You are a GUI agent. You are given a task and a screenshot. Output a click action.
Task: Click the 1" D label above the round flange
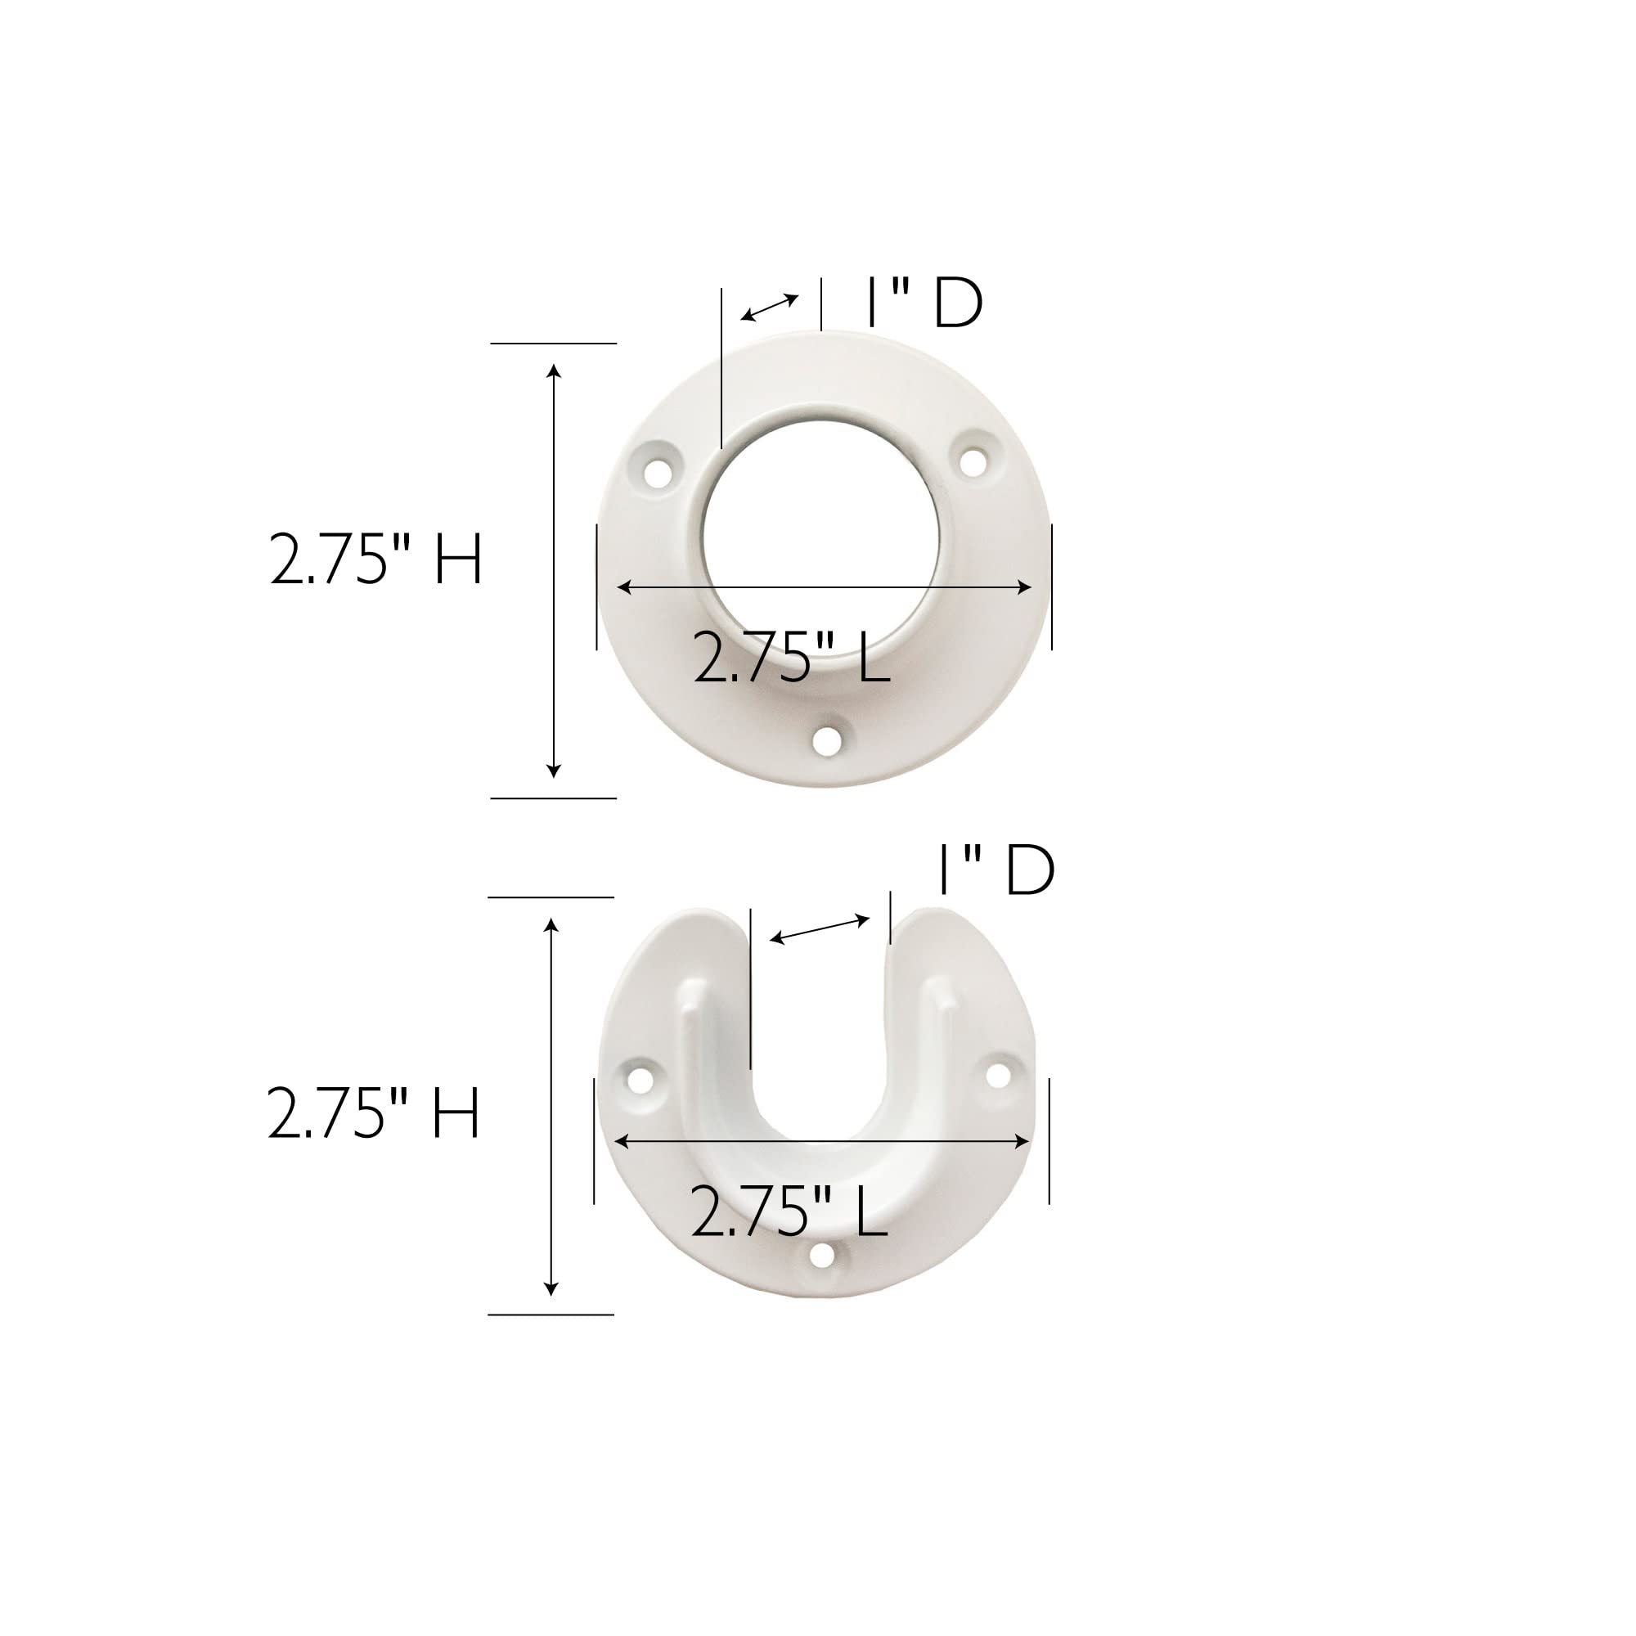point(924,303)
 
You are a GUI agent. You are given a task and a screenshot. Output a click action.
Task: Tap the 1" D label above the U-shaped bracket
point(996,870)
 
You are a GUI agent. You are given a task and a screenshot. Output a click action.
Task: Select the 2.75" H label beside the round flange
point(376,559)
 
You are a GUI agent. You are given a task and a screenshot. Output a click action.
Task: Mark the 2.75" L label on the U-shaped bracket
point(789,1211)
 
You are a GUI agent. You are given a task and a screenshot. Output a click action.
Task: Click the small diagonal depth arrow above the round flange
point(770,308)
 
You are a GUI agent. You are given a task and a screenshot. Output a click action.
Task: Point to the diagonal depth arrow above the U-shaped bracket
point(820,930)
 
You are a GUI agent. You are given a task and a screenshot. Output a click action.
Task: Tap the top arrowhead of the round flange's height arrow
point(554,370)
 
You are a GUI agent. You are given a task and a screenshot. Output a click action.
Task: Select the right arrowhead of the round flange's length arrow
point(1026,587)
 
